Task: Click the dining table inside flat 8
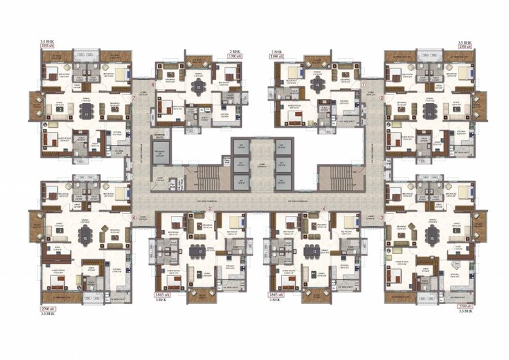point(197,85)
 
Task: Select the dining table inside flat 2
point(428,110)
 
